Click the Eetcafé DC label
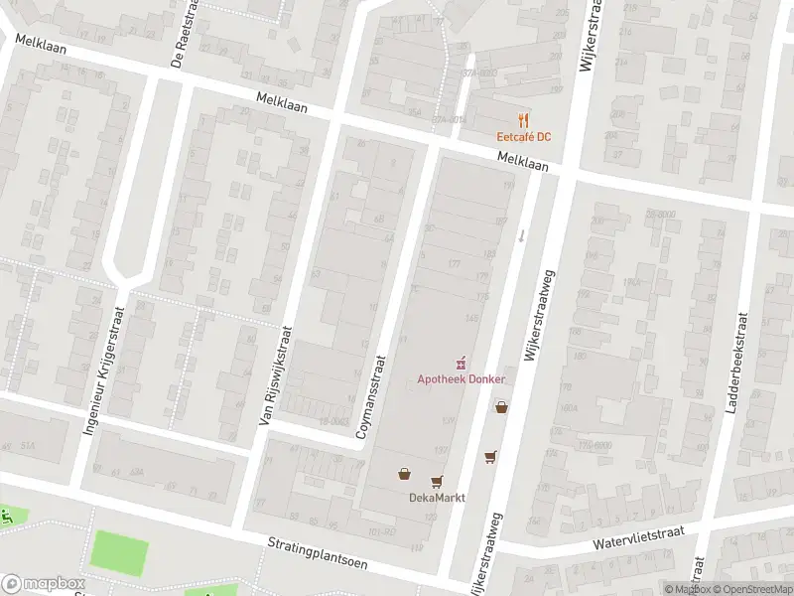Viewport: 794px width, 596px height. coord(524,136)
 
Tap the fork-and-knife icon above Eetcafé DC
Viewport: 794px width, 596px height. coord(524,119)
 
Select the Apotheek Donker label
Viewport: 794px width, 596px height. coord(461,379)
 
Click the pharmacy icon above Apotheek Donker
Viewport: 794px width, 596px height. coord(461,364)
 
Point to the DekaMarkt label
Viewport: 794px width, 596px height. coord(437,498)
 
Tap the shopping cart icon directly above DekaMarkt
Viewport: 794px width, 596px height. coord(437,482)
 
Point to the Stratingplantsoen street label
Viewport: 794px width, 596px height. coord(317,552)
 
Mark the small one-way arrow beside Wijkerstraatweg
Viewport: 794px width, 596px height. coord(522,236)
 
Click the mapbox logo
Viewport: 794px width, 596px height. coord(43,583)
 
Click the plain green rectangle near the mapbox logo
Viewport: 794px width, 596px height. coord(120,551)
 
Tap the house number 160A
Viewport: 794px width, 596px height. coord(568,406)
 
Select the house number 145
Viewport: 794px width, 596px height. coord(472,318)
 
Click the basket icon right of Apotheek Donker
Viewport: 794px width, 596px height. coord(501,406)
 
